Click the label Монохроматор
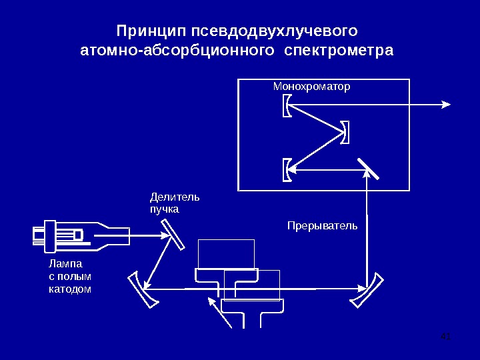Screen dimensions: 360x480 click(x=311, y=87)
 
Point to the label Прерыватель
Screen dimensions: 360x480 click(x=322, y=225)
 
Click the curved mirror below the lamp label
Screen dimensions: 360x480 click(x=145, y=290)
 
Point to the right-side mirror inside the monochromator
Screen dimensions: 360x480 click(x=345, y=131)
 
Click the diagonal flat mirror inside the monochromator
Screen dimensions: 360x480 click(x=367, y=169)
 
